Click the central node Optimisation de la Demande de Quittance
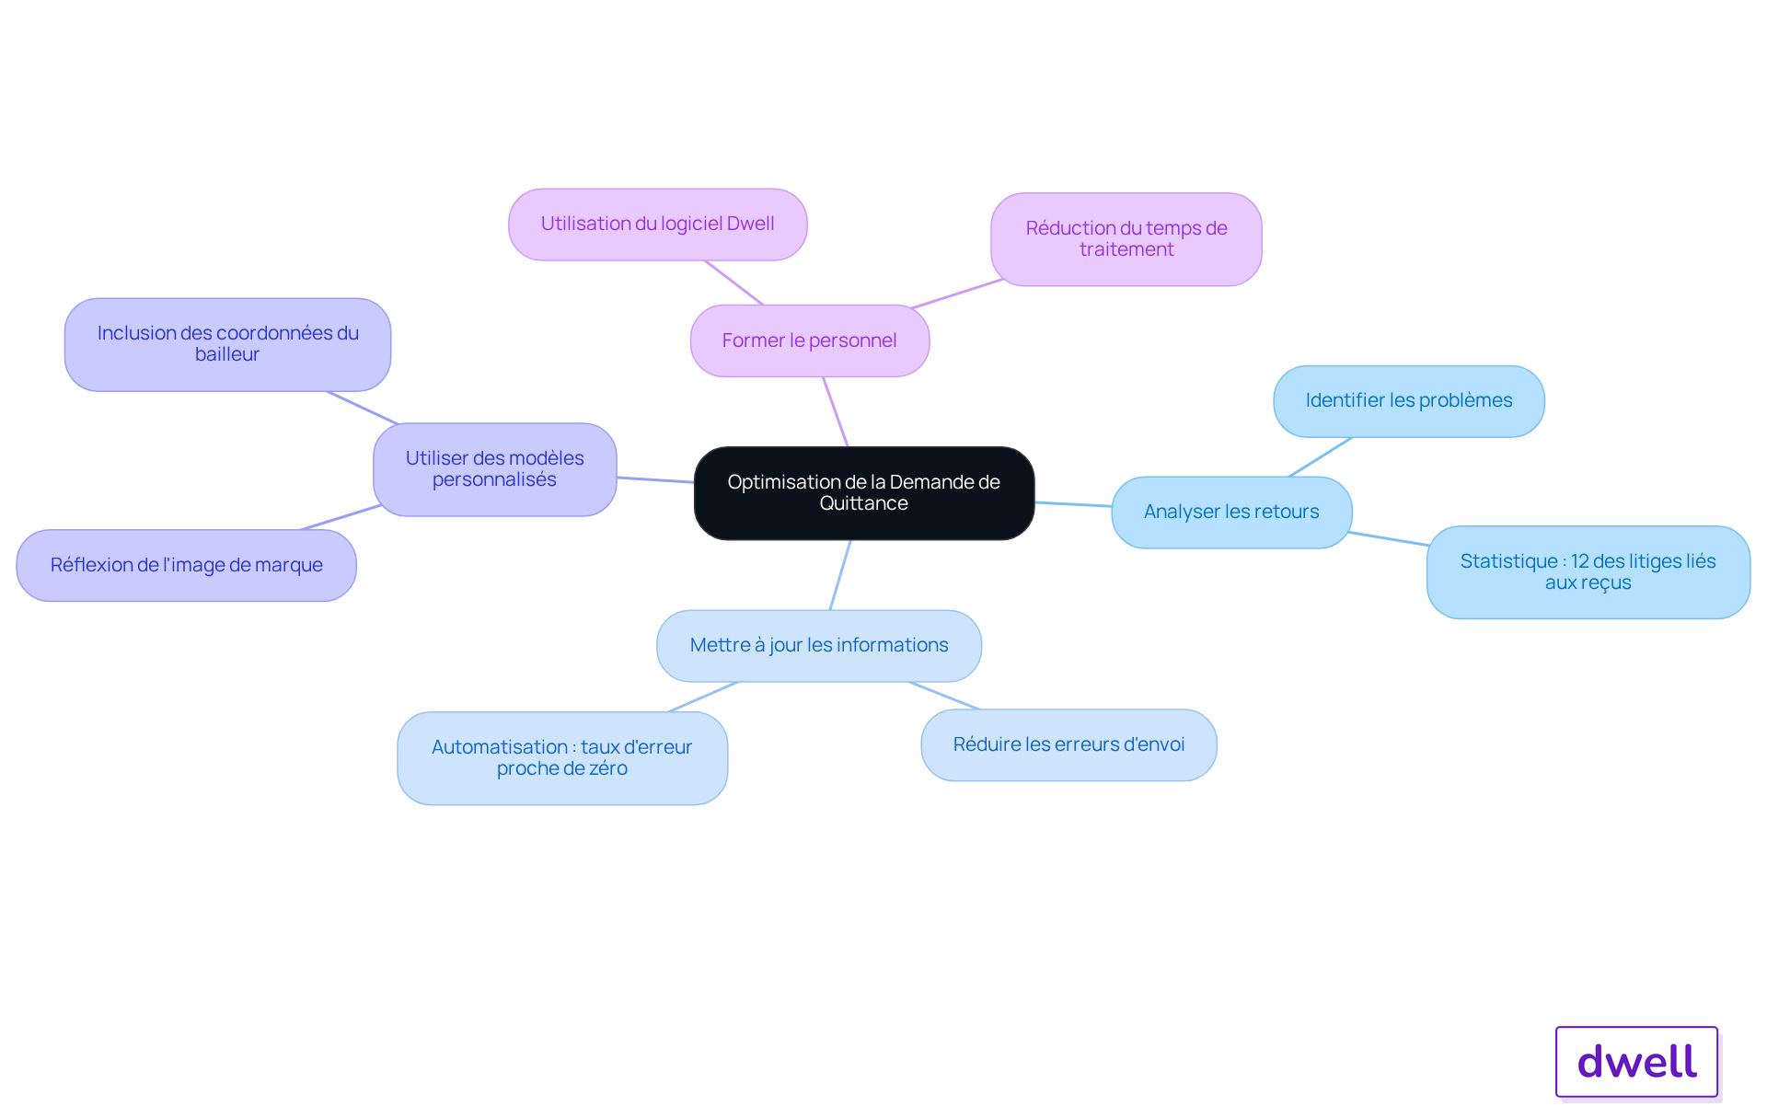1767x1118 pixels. coord(864,493)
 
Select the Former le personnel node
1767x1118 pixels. coord(810,340)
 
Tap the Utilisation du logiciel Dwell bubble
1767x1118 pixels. coord(658,225)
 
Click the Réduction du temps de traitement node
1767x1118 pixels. coord(1126,239)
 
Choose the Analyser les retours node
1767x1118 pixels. coord(1231,513)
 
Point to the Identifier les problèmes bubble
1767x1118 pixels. coord(1409,401)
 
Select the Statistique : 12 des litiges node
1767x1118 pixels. coord(1588,572)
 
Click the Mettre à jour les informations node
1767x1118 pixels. coord(819,646)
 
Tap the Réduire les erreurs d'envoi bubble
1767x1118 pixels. coord(1068,745)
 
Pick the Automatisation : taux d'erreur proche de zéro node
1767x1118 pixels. coord(562,758)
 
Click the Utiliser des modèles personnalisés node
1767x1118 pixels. coord(495,469)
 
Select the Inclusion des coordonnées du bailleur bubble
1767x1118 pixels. coord(227,344)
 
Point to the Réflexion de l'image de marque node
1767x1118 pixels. coord(187,566)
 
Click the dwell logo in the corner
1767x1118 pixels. coord(1637,1062)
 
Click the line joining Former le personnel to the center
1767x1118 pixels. coord(835,411)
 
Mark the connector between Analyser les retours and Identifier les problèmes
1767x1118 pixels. coord(1321,457)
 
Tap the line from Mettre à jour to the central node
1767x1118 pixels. coord(840,575)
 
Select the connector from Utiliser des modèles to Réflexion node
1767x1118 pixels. coord(341,517)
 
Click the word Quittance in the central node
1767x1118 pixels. coord(864,504)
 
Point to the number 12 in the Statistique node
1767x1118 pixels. coord(1579,561)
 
